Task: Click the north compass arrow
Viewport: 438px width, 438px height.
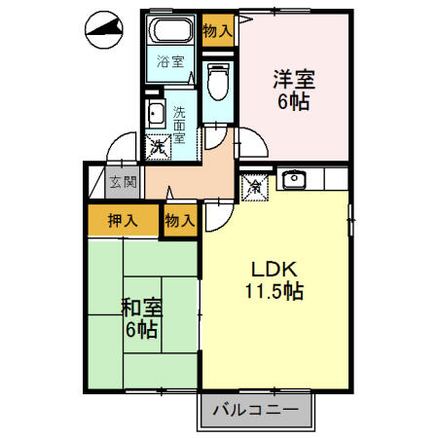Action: click(x=105, y=31)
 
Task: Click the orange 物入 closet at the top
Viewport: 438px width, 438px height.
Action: click(x=217, y=30)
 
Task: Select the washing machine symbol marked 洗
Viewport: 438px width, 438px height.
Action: click(x=157, y=148)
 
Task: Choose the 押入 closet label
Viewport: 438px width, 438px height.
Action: click(x=121, y=220)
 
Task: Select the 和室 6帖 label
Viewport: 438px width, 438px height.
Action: click(x=142, y=318)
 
